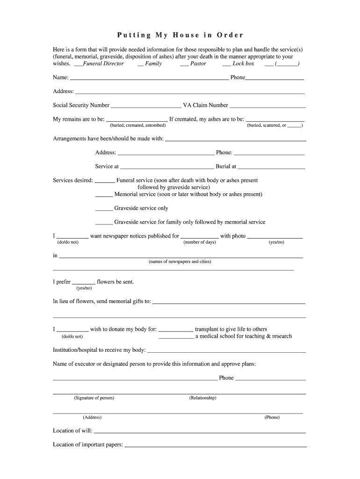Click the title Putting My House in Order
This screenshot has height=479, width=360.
pos(180,35)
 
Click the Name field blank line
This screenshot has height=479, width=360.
pos(149,80)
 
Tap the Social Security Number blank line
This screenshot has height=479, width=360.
pos(146,107)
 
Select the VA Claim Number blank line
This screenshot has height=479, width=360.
pos(267,107)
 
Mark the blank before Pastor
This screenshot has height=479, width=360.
pos(184,65)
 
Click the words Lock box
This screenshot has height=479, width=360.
pos(243,64)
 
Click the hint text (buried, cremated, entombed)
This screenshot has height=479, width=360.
pos(138,125)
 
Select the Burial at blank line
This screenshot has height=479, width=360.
pos(271,168)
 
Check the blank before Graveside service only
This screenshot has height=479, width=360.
pos(104,210)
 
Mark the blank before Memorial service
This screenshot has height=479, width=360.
pos(104,196)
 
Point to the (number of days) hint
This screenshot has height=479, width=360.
pos(200,242)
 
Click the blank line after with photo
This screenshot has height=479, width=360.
pos(274,238)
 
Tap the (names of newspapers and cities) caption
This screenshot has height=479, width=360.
pos(180,261)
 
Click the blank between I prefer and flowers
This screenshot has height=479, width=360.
pos(84,284)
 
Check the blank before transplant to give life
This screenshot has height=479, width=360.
pos(176,331)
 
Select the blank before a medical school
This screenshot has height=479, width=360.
pos(176,338)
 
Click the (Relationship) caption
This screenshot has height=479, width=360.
pos(203,398)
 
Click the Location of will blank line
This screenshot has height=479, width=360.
pos(200,433)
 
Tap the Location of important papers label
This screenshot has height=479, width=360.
pos(88,445)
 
